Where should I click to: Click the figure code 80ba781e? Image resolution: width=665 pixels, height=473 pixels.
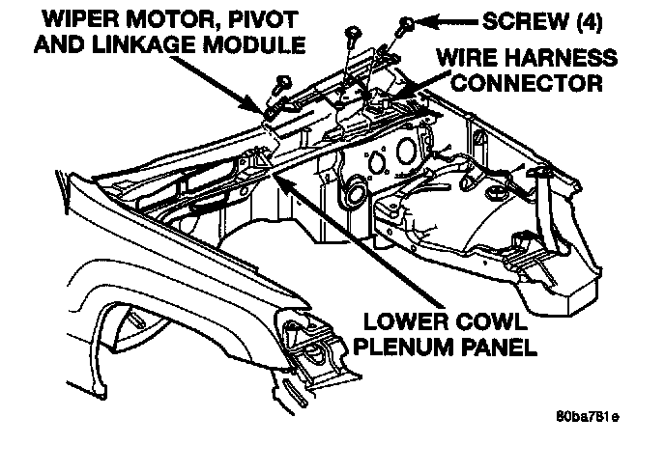[589, 416]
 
